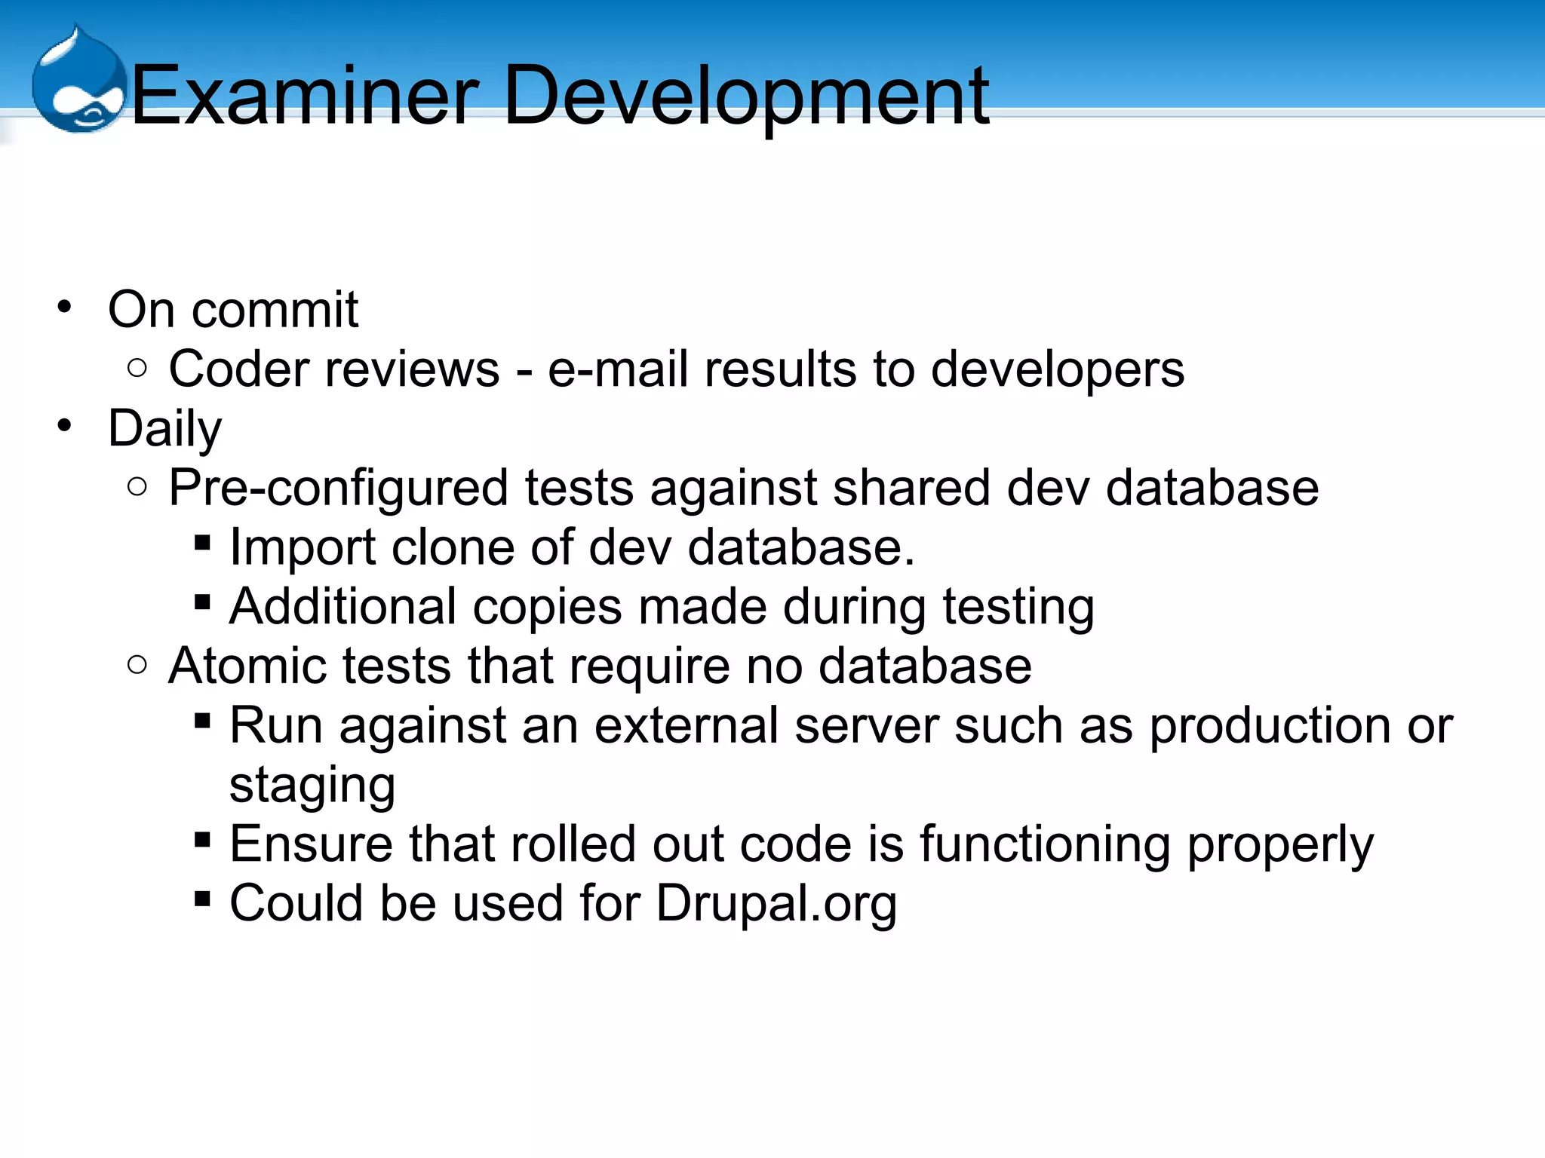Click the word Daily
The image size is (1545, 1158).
point(164,429)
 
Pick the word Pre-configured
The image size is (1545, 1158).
point(338,489)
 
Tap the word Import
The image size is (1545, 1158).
point(302,548)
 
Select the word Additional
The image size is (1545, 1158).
point(343,607)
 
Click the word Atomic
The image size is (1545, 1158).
point(247,666)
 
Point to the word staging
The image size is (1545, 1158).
point(312,786)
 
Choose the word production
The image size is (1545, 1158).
point(1269,727)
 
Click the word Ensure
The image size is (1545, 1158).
point(311,844)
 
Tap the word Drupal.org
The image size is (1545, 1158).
point(776,904)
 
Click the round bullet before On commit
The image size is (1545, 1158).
point(65,307)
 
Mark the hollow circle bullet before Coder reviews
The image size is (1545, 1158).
point(137,368)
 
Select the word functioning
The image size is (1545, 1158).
point(1045,845)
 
